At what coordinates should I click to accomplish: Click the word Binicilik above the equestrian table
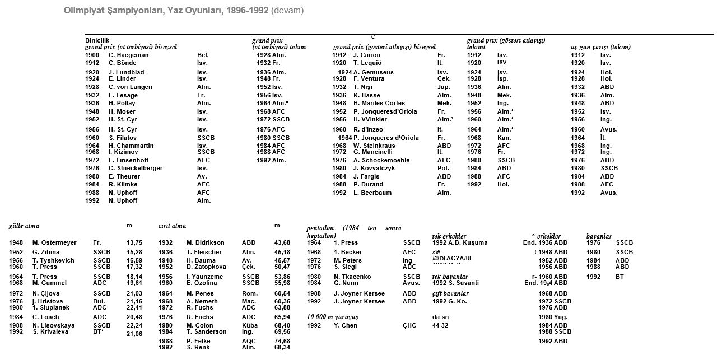[94, 40]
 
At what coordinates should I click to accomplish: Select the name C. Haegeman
[128, 55]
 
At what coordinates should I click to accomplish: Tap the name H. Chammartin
[131, 146]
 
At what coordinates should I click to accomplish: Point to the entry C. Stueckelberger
[136, 168]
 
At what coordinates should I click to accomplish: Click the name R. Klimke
[123, 184]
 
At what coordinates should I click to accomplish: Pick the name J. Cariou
[366, 55]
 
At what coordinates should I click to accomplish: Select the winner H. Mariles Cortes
[379, 103]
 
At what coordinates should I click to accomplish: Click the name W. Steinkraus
[374, 146]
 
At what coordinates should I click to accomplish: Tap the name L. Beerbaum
[372, 193]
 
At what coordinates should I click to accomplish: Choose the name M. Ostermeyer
[54, 242]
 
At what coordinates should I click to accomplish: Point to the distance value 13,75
[135, 242]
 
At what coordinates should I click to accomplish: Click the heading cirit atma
[172, 225]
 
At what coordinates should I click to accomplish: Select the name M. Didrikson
[205, 242]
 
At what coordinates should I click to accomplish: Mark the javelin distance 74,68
[282, 341]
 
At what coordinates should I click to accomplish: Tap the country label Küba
[249, 325]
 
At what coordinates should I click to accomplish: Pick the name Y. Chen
[346, 325]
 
